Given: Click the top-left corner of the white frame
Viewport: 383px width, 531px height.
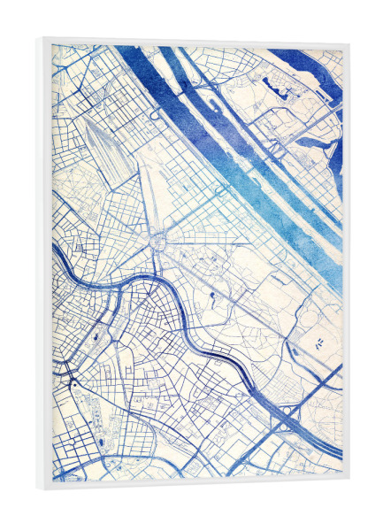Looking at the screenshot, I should pyautogui.click(x=40, y=38).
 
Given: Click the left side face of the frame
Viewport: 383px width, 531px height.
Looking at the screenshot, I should pyautogui.click(x=40, y=265).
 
